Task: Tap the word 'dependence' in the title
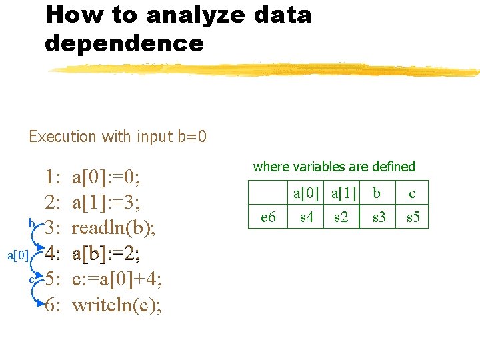(124, 44)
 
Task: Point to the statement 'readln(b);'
(114, 229)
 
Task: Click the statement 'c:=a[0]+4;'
(117, 279)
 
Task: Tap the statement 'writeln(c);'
(117, 305)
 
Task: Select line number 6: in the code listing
(53, 305)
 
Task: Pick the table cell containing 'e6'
(268, 217)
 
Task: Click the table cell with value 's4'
(307, 217)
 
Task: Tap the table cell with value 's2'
(341, 217)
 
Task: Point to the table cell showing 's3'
(379, 217)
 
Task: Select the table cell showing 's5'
(413, 217)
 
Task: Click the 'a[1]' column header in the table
(341, 193)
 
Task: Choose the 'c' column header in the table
(412, 193)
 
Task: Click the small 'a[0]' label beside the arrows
(17, 255)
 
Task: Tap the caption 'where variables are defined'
(334, 167)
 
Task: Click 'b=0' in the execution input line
(192, 137)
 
